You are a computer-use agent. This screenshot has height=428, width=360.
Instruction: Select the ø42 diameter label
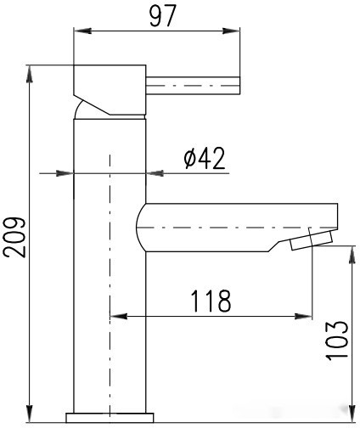(x=205, y=158)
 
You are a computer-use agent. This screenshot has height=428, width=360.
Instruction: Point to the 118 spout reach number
(x=211, y=301)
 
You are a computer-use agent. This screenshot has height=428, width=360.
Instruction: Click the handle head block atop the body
(x=110, y=85)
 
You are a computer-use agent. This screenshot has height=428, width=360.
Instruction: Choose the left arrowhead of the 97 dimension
(x=82, y=32)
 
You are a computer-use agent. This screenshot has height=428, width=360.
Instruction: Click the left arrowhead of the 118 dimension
(x=117, y=317)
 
